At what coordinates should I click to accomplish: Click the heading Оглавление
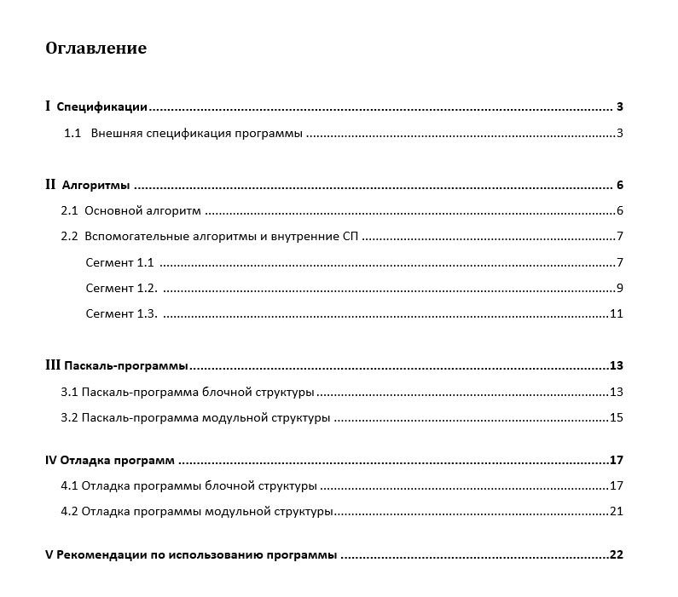[96, 48]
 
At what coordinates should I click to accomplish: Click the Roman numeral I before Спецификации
[48, 106]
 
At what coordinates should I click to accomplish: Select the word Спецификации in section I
[101, 107]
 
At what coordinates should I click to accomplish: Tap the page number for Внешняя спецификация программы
[620, 134]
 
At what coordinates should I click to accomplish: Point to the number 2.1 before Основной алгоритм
[69, 211]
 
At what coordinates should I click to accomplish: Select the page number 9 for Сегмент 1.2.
[620, 288]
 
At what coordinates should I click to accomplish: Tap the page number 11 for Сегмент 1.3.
[617, 313]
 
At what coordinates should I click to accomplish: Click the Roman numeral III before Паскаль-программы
[52, 365]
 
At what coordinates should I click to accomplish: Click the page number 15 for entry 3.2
[617, 417]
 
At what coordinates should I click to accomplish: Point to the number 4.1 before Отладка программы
[69, 486]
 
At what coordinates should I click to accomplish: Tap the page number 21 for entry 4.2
[617, 512]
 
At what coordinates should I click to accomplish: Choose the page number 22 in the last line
[617, 555]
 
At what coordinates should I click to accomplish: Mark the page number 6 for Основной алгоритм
[620, 211]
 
